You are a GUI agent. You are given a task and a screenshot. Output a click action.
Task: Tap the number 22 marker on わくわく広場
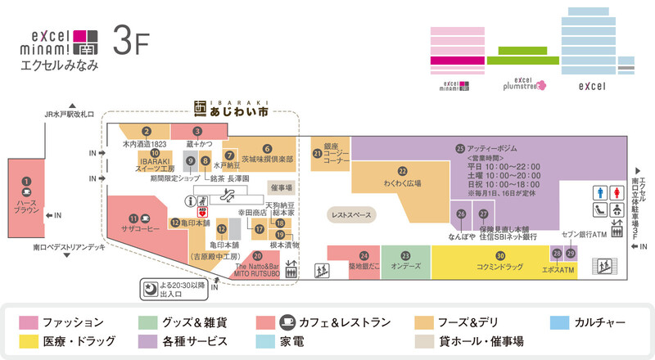[402, 171]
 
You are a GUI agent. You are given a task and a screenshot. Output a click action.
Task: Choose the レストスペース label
[350, 215]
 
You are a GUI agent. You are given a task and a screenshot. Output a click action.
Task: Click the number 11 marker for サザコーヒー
[133, 218]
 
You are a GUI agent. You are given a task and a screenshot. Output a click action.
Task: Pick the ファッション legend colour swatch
[29, 322]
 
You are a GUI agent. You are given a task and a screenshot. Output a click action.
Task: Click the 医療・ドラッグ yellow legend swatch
[29, 340]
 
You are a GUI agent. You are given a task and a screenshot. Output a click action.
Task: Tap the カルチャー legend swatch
[562, 322]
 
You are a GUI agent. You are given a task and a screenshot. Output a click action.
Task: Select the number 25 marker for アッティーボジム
[460, 148]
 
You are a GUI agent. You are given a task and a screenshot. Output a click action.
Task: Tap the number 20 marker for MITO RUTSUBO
[257, 256]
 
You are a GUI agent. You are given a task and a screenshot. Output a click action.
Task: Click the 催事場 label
[281, 187]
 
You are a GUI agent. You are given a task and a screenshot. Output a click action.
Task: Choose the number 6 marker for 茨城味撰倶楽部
[267, 147]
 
